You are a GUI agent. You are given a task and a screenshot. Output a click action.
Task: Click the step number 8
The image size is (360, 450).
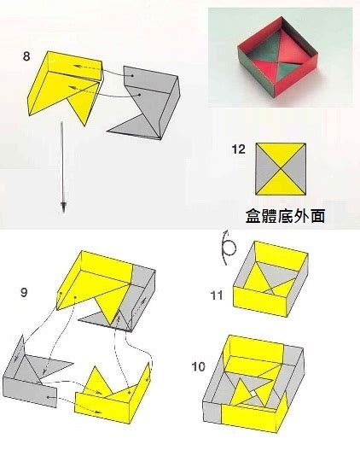(26, 56)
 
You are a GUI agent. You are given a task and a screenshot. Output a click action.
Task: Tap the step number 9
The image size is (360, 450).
(24, 293)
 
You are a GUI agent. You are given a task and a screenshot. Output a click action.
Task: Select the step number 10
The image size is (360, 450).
(199, 366)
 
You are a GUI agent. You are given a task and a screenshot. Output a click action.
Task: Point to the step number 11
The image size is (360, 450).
(217, 295)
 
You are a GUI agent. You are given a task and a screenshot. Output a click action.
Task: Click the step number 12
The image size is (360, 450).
(239, 149)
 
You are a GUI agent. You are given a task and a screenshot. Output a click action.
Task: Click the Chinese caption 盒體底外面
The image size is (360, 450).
(285, 216)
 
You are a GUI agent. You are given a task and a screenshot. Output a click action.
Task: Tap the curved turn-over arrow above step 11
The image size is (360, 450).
(228, 247)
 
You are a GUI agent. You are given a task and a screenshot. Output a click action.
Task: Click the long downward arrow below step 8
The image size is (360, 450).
(63, 167)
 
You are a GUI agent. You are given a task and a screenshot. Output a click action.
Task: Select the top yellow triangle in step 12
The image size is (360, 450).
(282, 154)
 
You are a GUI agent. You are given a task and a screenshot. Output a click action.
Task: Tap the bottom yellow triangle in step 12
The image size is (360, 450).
(282, 184)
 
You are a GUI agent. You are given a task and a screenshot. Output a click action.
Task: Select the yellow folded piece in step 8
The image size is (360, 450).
(66, 86)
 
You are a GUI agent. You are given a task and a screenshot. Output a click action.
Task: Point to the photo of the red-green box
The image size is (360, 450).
(281, 57)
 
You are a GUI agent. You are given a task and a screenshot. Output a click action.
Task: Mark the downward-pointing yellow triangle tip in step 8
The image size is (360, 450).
(84, 126)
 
